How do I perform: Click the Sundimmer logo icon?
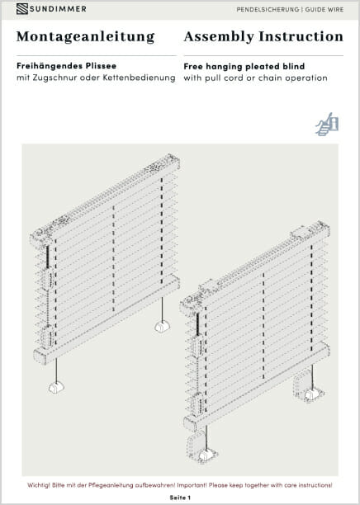coord(22,9)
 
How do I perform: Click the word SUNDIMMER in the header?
coord(58,9)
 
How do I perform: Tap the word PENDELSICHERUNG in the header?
coord(268,10)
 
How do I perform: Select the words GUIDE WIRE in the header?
coord(324,10)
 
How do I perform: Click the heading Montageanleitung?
coord(86,37)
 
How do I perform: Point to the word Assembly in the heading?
coord(219,36)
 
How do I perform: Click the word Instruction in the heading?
coord(301,36)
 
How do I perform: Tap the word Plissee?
coord(101,66)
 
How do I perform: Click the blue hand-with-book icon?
coord(327,124)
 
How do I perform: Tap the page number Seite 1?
coord(180,498)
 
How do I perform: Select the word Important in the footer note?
coord(192,485)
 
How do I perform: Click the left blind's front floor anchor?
coord(56,388)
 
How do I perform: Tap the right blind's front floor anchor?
coord(206,455)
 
